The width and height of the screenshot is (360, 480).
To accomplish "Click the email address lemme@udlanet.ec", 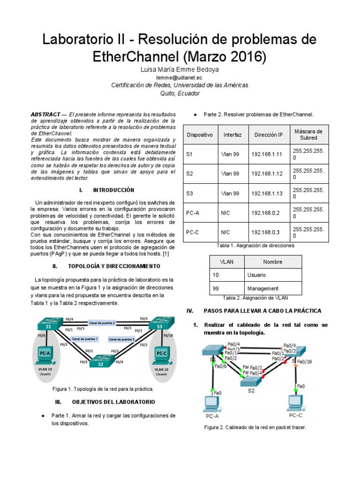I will [x=180, y=77].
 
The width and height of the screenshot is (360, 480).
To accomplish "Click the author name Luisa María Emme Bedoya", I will [x=180, y=69].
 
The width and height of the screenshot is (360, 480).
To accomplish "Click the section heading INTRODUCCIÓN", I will [x=113, y=190].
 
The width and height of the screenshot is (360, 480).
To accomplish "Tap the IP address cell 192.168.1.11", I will [x=267, y=154].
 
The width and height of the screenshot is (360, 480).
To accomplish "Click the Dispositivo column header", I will [x=199, y=135].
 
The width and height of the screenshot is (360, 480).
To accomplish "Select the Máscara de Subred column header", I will [x=308, y=135].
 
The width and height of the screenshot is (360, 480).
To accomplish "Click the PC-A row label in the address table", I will [x=193, y=213].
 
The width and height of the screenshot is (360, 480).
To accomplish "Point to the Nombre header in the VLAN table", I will [x=272, y=262].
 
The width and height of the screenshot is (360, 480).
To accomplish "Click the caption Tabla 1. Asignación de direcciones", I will [x=255, y=245].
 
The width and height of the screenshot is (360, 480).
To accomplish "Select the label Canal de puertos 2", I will [x=103, y=323].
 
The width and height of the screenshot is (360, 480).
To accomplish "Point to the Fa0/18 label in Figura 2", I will [x=304, y=361].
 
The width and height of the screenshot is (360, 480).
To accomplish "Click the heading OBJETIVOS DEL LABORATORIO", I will [x=113, y=402].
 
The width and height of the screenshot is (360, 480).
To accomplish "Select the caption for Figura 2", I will [x=255, y=427].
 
